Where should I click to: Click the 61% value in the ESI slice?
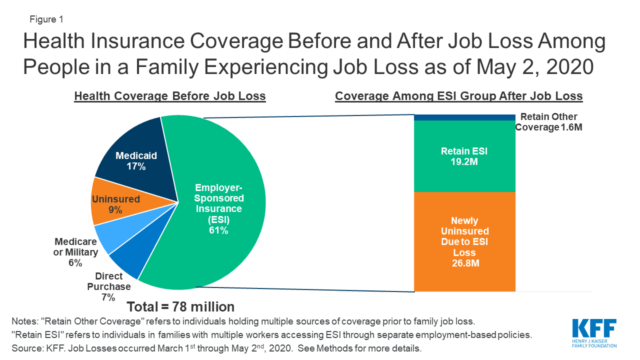[218, 230]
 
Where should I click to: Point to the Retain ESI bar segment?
[464, 156]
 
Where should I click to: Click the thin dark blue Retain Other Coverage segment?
[464, 117]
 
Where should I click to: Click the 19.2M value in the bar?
[464, 162]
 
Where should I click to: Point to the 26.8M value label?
[464, 263]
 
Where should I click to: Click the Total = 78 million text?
[180, 306]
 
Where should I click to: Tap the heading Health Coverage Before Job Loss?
[170, 96]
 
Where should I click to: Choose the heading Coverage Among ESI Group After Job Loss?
[458, 96]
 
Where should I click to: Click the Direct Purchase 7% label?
[109, 286]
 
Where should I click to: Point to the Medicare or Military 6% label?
[75, 252]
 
